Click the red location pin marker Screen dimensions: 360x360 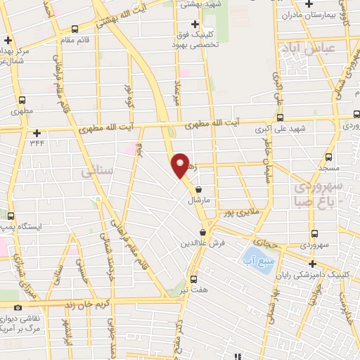pos(181,165)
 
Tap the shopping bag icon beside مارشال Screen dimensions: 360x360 pos(200,188)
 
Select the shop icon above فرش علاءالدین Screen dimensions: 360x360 pos(202,233)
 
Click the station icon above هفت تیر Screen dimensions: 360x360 pos(193,278)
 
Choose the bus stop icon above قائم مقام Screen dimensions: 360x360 pos(75,29)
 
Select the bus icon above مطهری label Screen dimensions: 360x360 pos(22,100)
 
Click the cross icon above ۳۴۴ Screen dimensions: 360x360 pos(37,132)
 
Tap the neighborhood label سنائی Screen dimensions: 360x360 pos(97,171)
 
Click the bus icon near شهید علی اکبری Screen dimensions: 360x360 pos(279,118)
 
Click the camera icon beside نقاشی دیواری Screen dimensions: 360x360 pos(18,307)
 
